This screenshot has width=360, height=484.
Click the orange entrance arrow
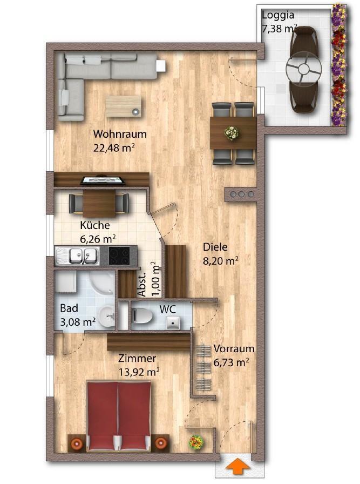point(237,465)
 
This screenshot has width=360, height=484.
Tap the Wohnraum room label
point(120,135)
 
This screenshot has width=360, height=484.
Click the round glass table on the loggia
point(303,69)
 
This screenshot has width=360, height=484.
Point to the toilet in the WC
point(142,315)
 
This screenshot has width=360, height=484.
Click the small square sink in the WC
point(174,323)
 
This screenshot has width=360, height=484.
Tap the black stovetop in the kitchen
point(119,256)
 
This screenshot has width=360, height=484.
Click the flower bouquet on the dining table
point(232,133)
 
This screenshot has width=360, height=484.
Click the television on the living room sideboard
point(103,180)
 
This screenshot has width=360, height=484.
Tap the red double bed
point(119,416)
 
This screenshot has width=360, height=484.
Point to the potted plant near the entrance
point(196,442)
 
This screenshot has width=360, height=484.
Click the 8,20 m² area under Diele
point(221,261)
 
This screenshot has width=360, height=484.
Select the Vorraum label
point(234,349)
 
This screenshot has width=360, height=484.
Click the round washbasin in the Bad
point(107,315)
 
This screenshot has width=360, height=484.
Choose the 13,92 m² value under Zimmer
point(139,372)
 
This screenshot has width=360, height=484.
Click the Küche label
point(95,225)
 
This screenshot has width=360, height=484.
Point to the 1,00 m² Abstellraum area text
point(156,279)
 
